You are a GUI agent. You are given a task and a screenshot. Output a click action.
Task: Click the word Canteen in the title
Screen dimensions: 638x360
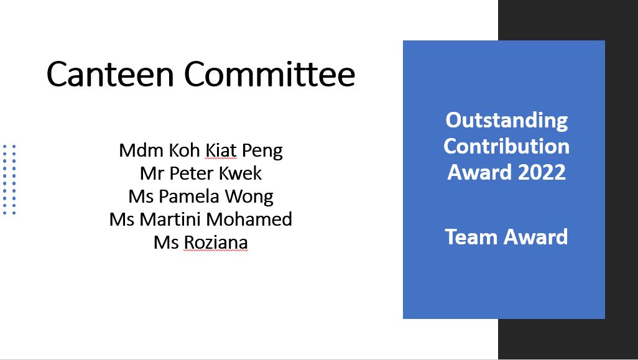[110, 73]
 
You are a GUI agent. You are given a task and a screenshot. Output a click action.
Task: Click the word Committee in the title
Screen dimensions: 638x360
[270, 73]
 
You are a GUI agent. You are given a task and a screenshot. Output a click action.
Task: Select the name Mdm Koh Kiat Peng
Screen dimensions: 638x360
[201, 151]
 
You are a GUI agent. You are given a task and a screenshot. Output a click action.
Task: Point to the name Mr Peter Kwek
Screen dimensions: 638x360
[201, 173]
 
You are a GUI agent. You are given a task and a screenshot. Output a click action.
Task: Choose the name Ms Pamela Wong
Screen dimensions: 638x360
[201, 197]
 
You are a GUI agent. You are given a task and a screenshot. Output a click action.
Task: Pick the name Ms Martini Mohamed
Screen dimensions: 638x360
[201, 219]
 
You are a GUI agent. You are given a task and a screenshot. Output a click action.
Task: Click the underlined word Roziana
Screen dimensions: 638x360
[216, 242]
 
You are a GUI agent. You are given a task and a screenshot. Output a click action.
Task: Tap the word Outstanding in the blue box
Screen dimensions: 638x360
[507, 121]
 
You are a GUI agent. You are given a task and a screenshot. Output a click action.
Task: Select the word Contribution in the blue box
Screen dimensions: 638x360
[507, 146]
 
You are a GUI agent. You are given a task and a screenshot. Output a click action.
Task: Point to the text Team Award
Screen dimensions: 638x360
[506, 237]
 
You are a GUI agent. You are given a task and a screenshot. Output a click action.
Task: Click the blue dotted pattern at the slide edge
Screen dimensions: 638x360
[9, 180]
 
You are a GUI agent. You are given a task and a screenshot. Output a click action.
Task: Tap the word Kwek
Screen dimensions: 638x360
[240, 173]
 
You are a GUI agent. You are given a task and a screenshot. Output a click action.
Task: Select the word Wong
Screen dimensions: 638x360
[249, 197]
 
